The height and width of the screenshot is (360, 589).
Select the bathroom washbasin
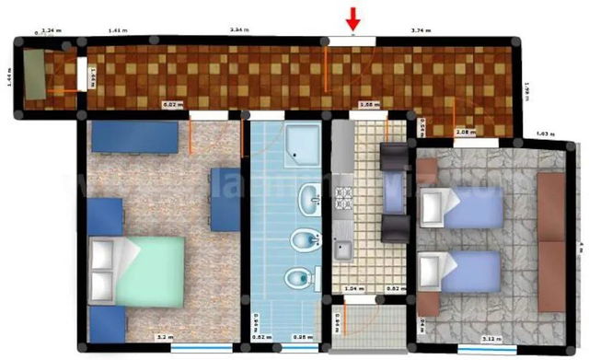[311, 195]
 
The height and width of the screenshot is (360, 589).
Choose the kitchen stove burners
[344, 203]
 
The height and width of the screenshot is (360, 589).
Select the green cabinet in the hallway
[35, 74]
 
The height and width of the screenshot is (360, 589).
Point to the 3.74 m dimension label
[422, 30]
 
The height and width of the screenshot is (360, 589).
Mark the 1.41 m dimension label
[117, 30]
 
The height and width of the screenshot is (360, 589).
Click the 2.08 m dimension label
[466, 133]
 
